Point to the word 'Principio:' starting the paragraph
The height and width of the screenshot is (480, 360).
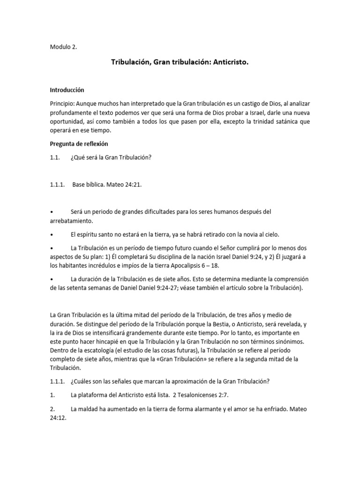[x=62, y=103]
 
